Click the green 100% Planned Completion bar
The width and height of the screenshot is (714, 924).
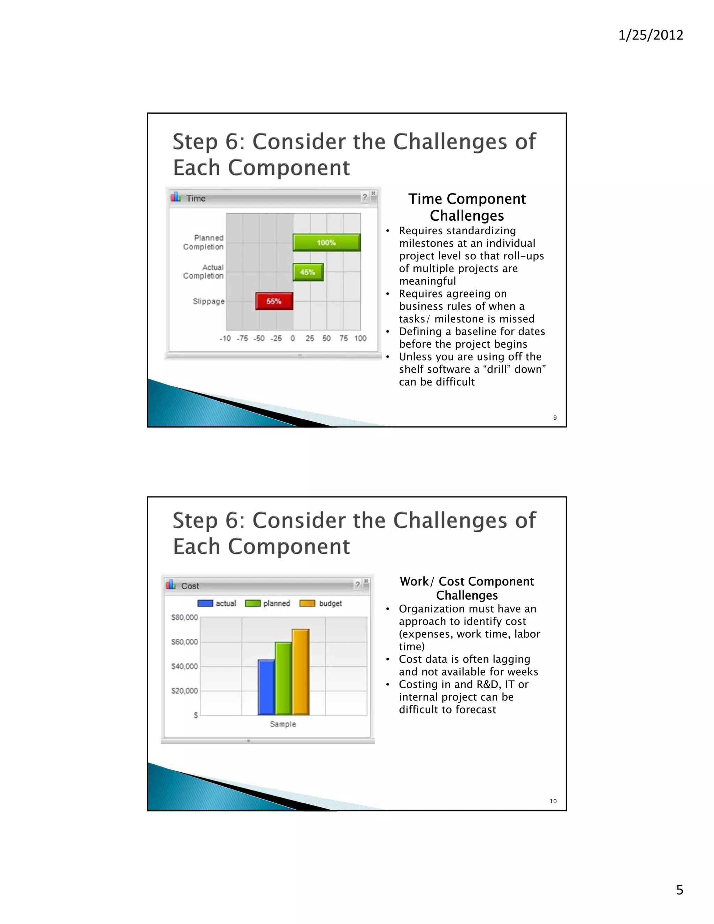pyautogui.click(x=327, y=243)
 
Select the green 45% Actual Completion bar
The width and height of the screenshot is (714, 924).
pyautogui.click(x=308, y=272)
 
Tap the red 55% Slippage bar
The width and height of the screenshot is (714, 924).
pyautogui.click(x=274, y=301)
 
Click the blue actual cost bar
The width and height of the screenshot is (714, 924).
pyautogui.click(x=266, y=687)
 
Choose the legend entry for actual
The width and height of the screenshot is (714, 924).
pyautogui.click(x=217, y=603)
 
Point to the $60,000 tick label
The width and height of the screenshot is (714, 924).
pyautogui.click(x=184, y=642)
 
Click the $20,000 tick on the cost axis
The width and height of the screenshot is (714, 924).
pyautogui.click(x=184, y=691)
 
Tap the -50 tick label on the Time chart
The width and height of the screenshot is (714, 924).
pyautogui.click(x=259, y=339)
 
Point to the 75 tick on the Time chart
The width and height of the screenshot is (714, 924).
pyautogui.click(x=343, y=339)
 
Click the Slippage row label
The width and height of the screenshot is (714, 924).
pyautogui.click(x=208, y=301)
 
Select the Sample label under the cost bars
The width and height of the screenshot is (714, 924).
pyautogui.click(x=283, y=724)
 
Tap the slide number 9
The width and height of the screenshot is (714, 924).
pyautogui.click(x=555, y=418)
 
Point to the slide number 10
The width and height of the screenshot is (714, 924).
pyautogui.click(x=553, y=801)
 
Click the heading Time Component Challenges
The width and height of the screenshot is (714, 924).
pyautogui.click(x=467, y=207)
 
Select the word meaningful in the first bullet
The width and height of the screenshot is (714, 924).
pyautogui.click(x=427, y=281)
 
